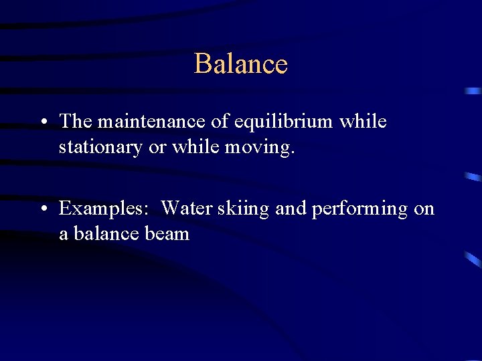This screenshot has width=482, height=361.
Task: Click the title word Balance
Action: point(241,64)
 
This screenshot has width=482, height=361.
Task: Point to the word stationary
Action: point(100,146)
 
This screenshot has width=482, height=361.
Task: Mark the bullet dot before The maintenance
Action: point(42,122)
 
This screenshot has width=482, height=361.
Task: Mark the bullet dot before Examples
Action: point(42,209)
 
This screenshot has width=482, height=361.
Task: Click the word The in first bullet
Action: point(75,122)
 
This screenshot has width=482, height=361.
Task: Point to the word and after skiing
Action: point(291,209)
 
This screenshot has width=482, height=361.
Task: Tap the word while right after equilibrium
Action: point(363,122)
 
